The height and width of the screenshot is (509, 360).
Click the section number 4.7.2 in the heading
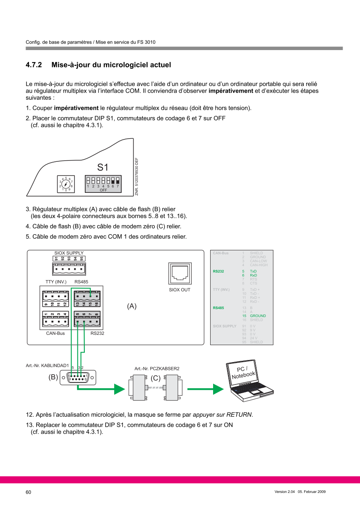[34, 65]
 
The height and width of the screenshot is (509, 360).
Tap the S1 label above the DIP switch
[103, 168]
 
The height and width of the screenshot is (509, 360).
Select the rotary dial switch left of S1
[66, 184]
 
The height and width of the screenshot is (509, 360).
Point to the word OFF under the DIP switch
[103, 190]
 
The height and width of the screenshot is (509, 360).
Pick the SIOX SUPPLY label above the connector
[69, 253]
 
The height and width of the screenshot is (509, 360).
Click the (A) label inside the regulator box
[132, 306]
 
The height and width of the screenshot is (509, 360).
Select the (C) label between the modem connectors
[156, 378]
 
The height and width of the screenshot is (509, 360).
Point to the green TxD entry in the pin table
[253, 271]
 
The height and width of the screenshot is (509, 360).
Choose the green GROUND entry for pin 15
[258, 316]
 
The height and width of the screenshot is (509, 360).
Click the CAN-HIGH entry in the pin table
[259, 265]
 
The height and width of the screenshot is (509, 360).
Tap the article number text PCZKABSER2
[164, 368]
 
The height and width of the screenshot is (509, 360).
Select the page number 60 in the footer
[29, 492]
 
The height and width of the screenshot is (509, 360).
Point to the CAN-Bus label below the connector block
[55, 333]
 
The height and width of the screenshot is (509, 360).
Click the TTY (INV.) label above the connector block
[56, 282]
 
